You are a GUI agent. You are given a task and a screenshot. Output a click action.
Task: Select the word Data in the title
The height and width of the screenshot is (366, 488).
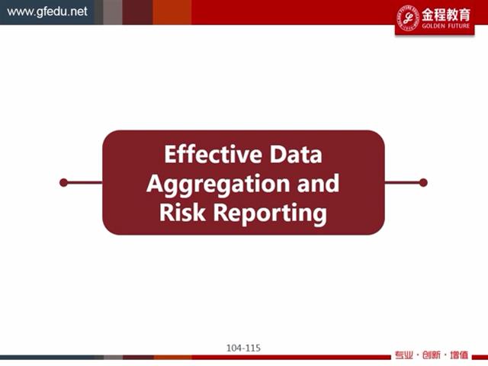296,154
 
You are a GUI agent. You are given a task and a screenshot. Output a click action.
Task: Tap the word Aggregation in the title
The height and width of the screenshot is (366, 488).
218,185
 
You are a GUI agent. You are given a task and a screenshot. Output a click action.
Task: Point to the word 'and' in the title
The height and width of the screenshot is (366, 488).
318,183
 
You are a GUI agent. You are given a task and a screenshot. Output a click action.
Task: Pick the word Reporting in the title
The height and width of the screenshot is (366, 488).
270,214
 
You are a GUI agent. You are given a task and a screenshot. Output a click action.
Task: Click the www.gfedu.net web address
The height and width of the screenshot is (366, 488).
47,12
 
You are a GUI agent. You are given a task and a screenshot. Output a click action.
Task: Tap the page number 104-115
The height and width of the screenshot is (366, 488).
243,348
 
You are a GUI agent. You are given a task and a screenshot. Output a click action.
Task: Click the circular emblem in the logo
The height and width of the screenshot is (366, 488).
408,18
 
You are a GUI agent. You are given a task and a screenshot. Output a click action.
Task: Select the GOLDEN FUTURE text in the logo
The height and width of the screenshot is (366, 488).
445,26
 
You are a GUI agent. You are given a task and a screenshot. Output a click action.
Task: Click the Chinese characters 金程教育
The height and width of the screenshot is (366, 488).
445,14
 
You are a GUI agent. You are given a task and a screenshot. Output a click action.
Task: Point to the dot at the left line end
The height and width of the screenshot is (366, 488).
64,183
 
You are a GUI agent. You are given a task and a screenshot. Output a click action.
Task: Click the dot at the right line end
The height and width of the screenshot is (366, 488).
423,183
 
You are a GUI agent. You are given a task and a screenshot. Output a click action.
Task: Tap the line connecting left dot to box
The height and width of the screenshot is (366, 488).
85,183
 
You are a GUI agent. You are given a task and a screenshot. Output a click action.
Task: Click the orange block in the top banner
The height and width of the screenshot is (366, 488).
172,12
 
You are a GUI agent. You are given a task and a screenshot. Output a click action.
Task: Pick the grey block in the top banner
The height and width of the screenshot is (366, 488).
113,12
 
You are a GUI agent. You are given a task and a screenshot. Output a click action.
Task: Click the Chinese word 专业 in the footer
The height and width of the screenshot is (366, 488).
404,355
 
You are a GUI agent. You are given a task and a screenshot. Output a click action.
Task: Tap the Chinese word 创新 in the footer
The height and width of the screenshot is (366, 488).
432,355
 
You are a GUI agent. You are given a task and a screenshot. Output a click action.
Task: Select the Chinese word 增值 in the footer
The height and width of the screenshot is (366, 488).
459,355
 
